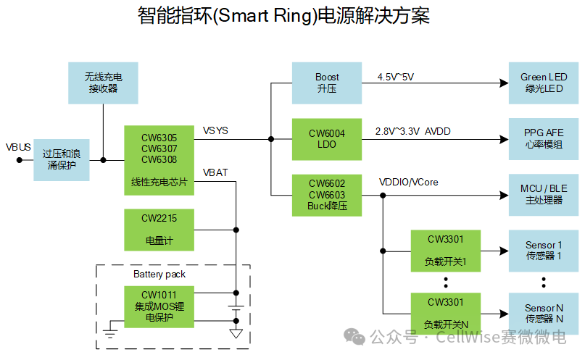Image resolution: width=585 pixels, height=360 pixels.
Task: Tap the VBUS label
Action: pos(18,147)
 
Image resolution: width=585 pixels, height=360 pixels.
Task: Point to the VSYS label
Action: pos(215,130)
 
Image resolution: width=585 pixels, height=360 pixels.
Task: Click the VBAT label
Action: pos(215,172)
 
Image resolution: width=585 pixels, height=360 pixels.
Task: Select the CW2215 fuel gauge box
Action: pos(159,228)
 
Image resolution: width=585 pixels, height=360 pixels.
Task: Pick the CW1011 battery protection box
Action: pos(159,306)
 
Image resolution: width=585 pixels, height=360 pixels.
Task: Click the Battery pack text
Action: pos(159,275)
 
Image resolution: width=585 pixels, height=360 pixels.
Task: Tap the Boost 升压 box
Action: pos(327,83)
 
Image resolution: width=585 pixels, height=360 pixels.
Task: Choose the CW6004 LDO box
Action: pos(327,138)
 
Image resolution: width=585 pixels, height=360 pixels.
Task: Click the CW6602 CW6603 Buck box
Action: pos(327,195)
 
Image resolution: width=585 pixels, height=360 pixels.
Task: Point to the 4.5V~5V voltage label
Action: pos(395,77)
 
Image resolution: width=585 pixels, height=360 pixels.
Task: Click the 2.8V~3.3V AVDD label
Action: pos(412,133)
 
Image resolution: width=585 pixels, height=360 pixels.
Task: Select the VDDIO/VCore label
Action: pos(409,183)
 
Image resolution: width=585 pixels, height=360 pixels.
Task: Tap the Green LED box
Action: pos(544,83)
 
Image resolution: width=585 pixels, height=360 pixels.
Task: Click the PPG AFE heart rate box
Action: pos(544,138)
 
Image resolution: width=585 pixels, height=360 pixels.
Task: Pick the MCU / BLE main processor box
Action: pos(544,195)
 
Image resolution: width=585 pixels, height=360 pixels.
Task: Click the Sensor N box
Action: pos(544,313)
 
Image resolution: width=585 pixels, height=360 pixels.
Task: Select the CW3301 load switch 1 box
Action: pos(445,250)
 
